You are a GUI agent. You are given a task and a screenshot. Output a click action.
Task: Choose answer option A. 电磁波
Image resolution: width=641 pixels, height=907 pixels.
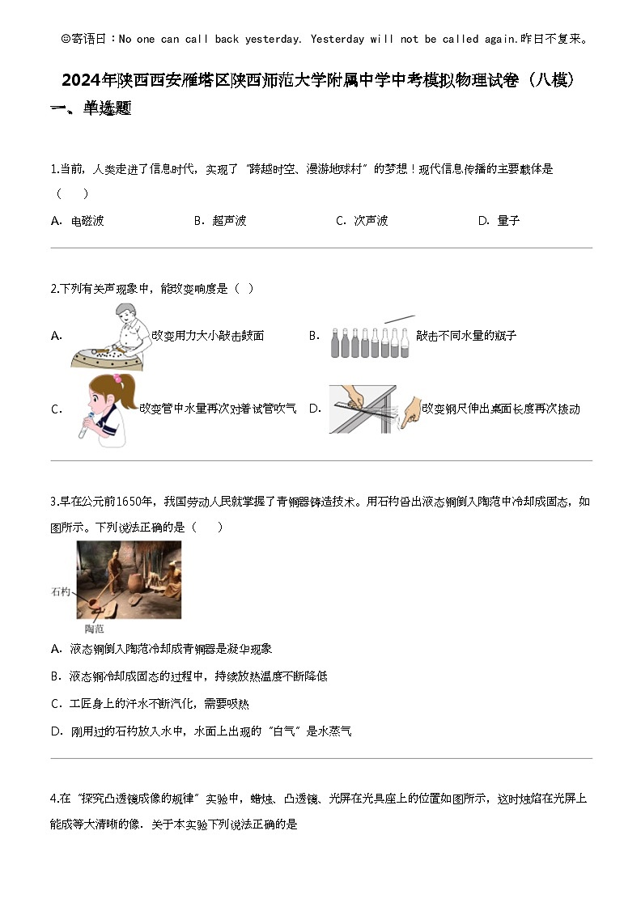click(78, 220)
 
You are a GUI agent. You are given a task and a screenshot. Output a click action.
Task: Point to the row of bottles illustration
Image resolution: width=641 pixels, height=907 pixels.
click(371, 339)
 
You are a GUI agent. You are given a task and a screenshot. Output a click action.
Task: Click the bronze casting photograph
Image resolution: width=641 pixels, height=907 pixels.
click(129, 579)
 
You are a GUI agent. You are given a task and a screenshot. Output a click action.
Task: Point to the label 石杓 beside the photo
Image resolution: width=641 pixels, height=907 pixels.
click(61, 592)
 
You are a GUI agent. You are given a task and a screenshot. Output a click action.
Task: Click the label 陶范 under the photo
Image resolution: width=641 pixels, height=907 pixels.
click(94, 628)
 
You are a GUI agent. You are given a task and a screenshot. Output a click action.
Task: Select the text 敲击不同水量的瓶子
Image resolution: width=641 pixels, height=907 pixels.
click(465, 336)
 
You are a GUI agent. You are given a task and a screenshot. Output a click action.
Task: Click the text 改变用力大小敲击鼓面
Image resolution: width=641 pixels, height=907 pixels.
click(207, 336)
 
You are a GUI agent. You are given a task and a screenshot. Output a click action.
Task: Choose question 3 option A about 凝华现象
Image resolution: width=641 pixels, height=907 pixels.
click(161, 648)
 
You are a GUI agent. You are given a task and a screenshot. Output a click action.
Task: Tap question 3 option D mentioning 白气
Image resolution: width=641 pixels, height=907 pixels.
click(201, 731)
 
